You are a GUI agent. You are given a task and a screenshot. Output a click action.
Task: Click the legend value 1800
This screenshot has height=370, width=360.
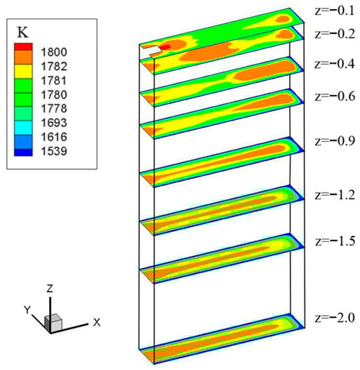pyautogui.click(x=54, y=52)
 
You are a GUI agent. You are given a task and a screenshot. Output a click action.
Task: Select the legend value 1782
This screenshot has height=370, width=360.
pyautogui.click(x=54, y=67)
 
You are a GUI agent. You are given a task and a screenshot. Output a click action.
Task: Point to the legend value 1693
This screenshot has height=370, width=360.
pyautogui.click(x=54, y=122)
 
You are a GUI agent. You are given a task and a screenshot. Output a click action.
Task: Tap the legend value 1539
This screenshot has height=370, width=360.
pyautogui.click(x=54, y=151)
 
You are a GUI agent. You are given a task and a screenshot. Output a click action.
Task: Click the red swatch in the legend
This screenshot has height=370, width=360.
pyautogui.click(x=23, y=46)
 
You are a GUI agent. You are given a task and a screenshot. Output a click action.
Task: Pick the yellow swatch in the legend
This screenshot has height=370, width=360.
pyautogui.click(x=23, y=71)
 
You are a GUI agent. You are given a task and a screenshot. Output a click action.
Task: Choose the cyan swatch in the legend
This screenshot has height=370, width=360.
pyautogui.click(x=23, y=128)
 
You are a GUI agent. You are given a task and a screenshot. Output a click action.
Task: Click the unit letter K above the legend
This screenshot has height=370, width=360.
pyautogui.click(x=23, y=32)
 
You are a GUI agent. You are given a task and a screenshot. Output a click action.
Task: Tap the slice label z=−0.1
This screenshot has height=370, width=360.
pyautogui.click(x=334, y=11)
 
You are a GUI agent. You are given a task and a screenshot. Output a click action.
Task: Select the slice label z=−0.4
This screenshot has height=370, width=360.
pyautogui.click(x=334, y=64)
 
